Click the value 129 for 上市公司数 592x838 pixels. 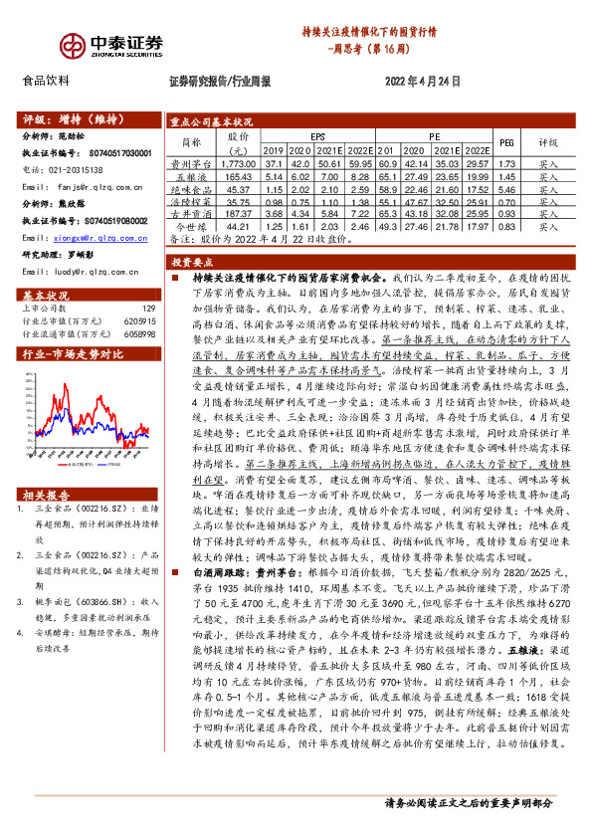point(149,311)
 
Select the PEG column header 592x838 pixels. point(504,141)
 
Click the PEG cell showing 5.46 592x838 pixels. point(504,188)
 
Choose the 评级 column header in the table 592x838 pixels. point(548,141)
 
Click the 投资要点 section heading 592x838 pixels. point(191,262)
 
